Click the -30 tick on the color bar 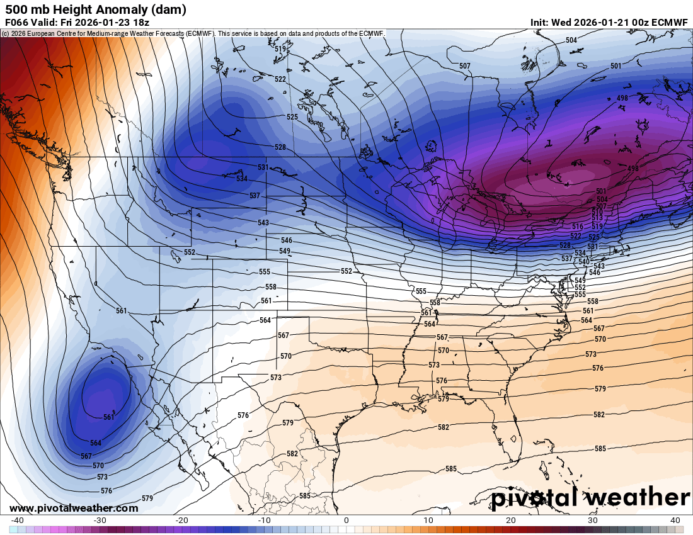click(x=100, y=521)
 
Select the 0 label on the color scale click(x=346, y=521)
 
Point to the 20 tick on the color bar click(x=511, y=521)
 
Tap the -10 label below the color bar click(x=264, y=521)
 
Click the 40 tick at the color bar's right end click(x=675, y=521)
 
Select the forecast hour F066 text click(x=16, y=22)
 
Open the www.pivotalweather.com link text click(x=74, y=508)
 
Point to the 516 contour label click(x=576, y=226)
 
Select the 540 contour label click(x=583, y=261)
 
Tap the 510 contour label click(x=597, y=212)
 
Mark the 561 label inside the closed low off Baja click(x=108, y=417)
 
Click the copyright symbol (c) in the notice click(x=5, y=33)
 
